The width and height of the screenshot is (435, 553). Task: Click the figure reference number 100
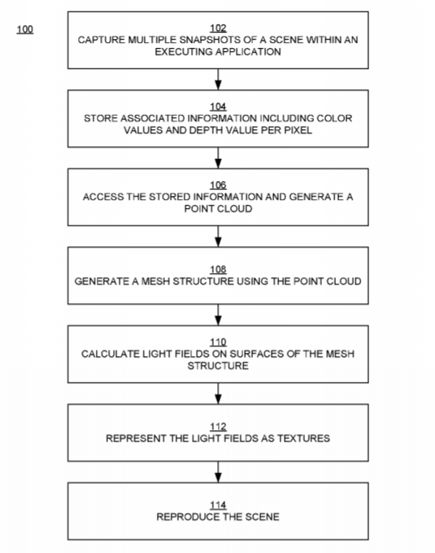[x=25, y=29]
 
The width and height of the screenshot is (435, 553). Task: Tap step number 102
[x=218, y=28]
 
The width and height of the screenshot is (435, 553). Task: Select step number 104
[x=218, y=107]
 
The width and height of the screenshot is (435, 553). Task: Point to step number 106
[x=218, y=185]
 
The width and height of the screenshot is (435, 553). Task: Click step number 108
[x=218, y=269]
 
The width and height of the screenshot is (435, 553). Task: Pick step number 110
[x=218, y=342]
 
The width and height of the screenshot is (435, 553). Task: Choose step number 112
[x=218, y=427]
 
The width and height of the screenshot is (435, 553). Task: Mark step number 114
[x=218, y=505]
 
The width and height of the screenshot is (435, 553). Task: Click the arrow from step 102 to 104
[x=218, y=80]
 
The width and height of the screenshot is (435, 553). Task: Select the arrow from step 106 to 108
[x=218, y=237]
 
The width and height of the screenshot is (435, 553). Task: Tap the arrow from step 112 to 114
[x=218, y=472]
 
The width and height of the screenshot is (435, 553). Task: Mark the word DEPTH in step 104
[x=202, y=130]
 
